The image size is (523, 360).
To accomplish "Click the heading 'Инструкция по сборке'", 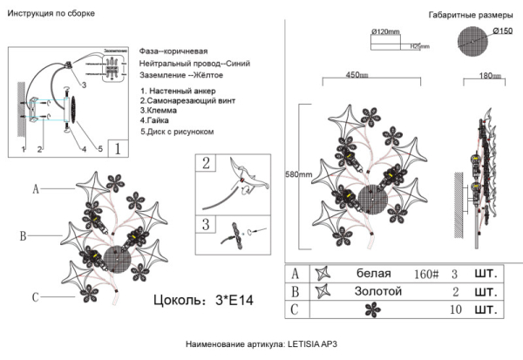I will (x=51, y=15).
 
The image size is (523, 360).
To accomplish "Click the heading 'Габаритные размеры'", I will (x=464, y=17).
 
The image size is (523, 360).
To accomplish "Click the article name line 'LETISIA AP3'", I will (x=261, y=346).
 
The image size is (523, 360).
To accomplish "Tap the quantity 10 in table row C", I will (x=455, y=309).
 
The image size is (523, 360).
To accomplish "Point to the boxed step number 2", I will (x=207, y=163).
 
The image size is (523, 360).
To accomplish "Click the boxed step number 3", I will (x=207, y=225).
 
